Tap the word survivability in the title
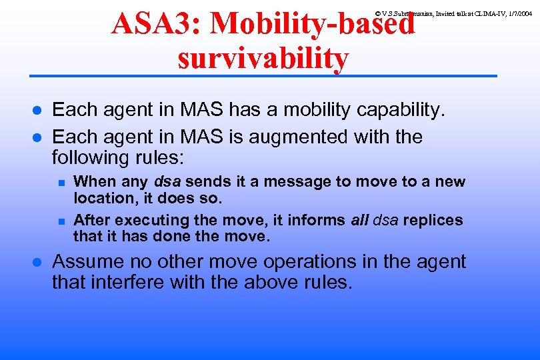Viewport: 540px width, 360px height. click(263, 59)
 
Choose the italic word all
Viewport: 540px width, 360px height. click(360, 220)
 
